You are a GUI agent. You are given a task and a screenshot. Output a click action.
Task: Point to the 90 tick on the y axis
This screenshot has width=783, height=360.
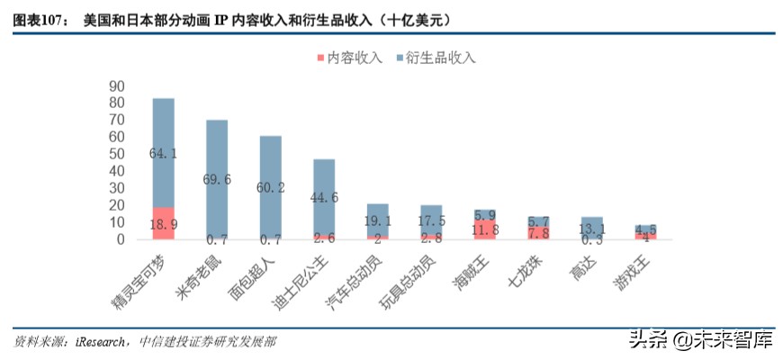116,86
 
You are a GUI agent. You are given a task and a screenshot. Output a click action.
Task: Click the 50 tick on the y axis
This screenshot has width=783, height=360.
116,154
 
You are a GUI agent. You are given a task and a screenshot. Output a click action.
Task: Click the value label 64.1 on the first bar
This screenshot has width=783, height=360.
163,154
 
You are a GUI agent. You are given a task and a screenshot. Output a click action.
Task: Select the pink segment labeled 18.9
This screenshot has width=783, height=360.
163,223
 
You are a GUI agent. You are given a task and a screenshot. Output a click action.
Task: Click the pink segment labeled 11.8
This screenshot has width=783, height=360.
484,229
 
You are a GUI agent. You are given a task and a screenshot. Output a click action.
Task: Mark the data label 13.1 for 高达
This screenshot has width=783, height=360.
591,229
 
